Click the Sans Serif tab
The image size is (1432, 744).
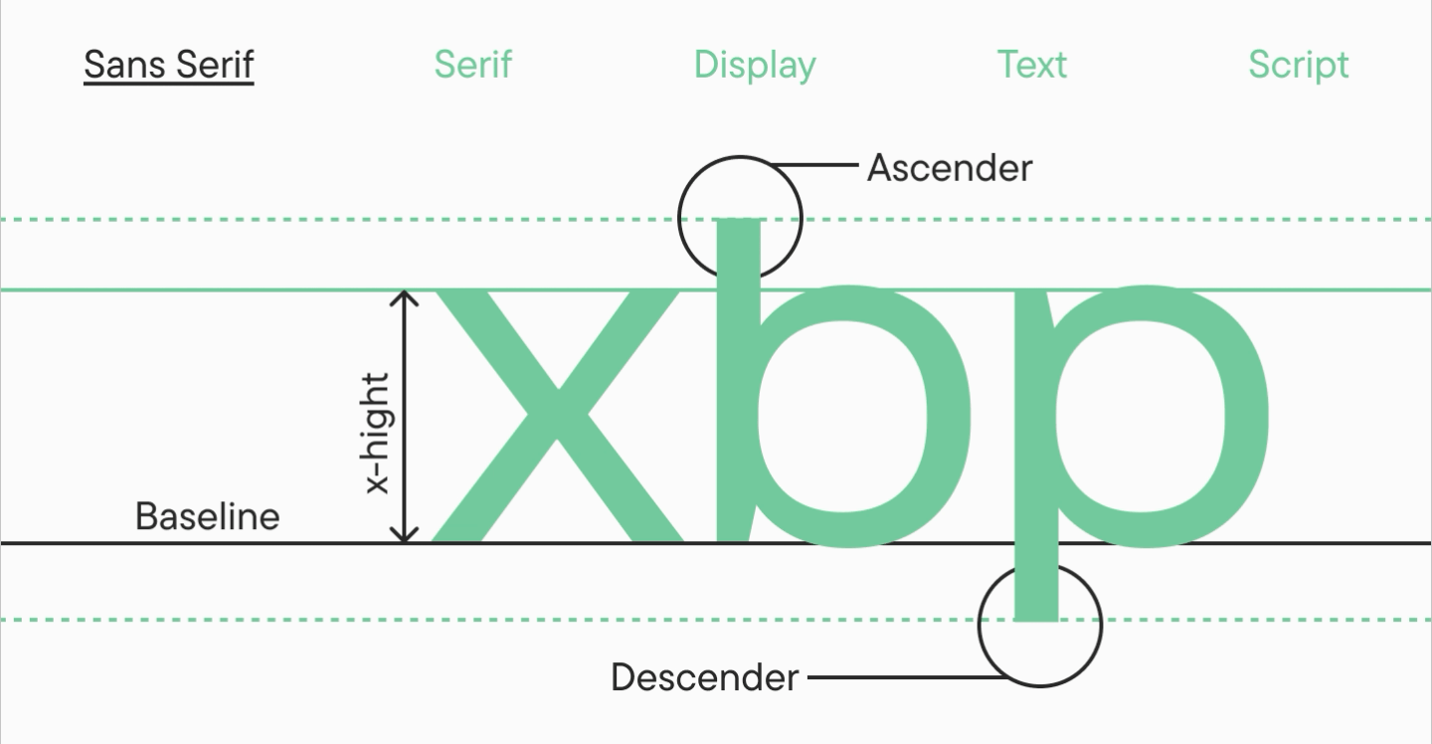click(x=169, y=65)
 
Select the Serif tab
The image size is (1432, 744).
click(x=473, y=65)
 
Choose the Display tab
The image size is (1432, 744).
click(x=755, y=66)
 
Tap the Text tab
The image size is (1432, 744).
click(x=1032, y=65)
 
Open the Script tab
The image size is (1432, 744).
click(x=1299, y=66)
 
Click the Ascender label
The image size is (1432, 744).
click(x=950, y=168)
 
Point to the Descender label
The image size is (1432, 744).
click(x=704, y=677)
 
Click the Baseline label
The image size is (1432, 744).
click(x=208, y=516)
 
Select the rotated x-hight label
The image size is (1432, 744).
click(x=378, y=433)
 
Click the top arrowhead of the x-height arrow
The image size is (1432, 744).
click(x=404, y=292)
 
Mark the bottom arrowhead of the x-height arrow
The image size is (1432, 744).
click(x=404, y=541)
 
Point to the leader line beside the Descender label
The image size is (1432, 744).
click(x=908, y=677)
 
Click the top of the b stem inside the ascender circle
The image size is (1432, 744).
click(x=738, y=221)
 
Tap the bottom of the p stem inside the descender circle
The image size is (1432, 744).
click(x=1036, y=619)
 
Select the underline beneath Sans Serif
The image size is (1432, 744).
click(x=169, y=83)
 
